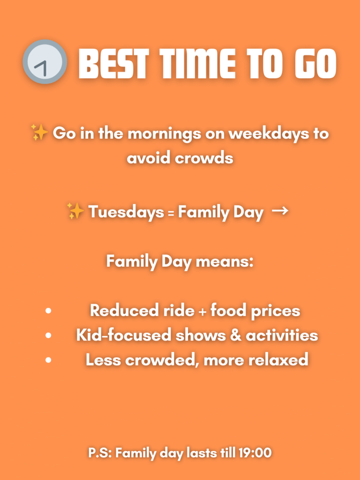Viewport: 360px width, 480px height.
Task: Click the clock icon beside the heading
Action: pos(45,61)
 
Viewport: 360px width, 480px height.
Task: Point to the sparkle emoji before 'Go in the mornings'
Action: pos(39,133)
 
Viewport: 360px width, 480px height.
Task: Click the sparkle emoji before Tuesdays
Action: pos(75,211)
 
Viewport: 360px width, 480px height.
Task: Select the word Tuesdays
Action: pos(126,212)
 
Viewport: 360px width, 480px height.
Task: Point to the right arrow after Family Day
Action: pos(280,211)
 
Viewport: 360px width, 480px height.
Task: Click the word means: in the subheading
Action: pos(225,262)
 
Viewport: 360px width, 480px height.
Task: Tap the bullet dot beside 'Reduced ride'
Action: pos(48,311)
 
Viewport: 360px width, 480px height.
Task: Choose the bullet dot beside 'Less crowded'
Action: pos(48,360)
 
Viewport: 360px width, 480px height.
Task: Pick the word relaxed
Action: pos(278,360)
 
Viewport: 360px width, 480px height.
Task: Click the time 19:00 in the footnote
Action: pos(255,453)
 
